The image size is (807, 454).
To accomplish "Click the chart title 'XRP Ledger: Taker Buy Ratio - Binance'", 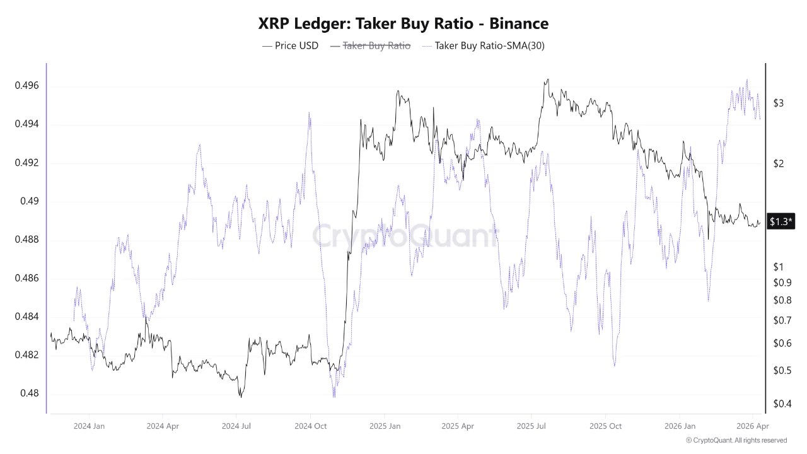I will point(403,24).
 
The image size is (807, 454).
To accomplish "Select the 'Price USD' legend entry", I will point(290,45).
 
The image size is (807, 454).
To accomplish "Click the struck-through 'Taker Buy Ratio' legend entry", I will point(370,45).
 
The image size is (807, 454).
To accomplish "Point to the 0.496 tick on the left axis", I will point(26,86).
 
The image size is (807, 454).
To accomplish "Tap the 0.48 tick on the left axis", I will point(29,393).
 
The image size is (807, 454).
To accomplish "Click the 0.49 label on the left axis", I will point(29,201).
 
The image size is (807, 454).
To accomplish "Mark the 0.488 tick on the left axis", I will point(26,240).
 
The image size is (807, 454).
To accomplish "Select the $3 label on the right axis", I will point(779,103).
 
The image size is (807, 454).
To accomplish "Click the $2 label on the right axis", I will point(779,164).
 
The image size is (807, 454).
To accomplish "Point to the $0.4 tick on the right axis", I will point(782,404).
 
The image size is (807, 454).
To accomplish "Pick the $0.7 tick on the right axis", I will point(782,320).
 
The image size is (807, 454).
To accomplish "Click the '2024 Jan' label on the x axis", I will point(89,426).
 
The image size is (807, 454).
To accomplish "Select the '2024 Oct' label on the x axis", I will point(310,426).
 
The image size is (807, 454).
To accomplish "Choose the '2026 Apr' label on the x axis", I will point(753,426).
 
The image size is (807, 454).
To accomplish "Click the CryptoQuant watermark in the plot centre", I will point(403,236).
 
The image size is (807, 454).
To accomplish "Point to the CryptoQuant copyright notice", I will point(736,440).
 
